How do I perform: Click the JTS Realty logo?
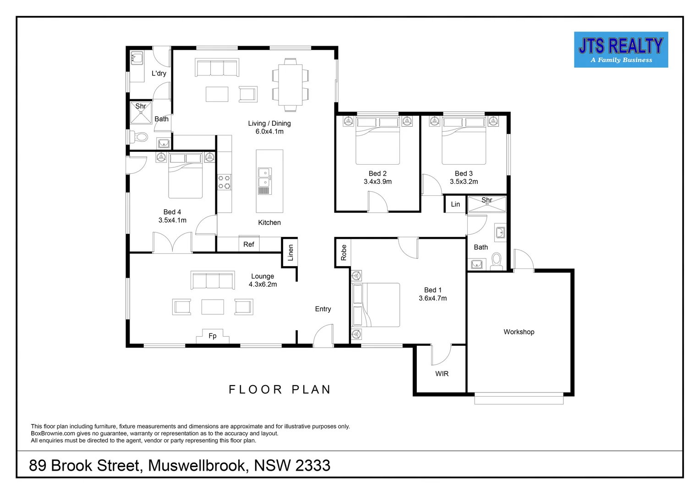621,50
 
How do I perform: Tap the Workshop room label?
519,332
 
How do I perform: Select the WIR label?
442,374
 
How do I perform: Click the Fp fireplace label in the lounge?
213,336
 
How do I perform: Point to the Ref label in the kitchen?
249,244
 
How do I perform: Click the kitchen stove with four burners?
224,182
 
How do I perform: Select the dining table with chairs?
290,85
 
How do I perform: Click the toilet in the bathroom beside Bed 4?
141,137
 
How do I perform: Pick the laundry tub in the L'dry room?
137,59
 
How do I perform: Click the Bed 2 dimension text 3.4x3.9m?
377,182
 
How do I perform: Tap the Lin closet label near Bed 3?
455,204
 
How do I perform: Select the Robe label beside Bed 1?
344,252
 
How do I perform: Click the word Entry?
323,309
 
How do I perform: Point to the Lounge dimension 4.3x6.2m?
262,285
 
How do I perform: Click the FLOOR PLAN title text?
280,390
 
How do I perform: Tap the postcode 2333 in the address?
312,466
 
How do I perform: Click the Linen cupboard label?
290,252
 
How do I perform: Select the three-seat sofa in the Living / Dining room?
217,68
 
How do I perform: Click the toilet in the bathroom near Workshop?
497,261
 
